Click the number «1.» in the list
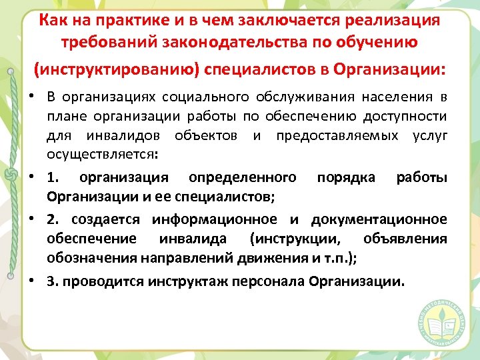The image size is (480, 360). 54,178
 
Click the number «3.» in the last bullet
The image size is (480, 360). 52,281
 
